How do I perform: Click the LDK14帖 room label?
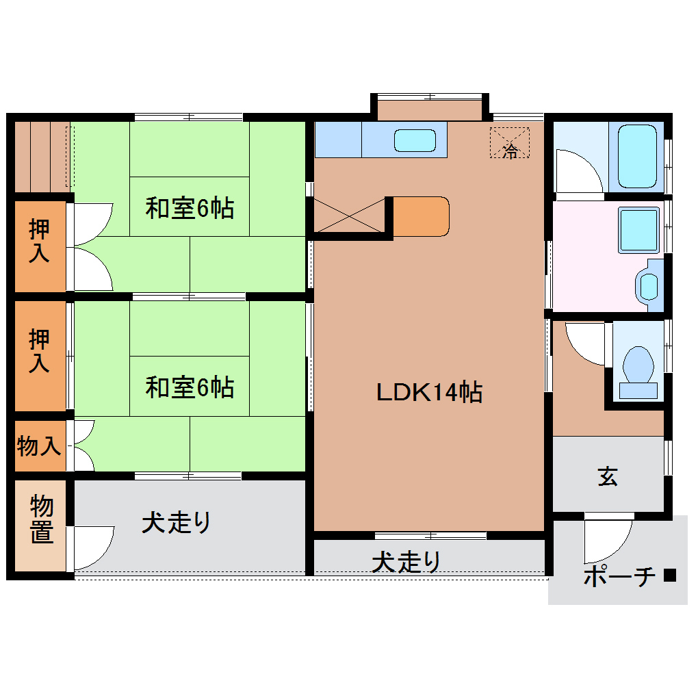pos(429,392)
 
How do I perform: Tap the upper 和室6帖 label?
pos(190,207)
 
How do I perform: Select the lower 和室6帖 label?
pos(190,387)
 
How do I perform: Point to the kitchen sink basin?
pos(415,140)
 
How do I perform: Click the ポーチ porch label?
pos(619,576)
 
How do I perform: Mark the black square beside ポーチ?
pos(669,576)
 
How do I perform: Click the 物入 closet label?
pos(40,446)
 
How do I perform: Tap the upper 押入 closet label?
pos(39,241)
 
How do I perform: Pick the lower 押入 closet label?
pos(39,350)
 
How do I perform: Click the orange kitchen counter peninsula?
pos(421,216)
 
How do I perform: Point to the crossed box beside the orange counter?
pos(349,216)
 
